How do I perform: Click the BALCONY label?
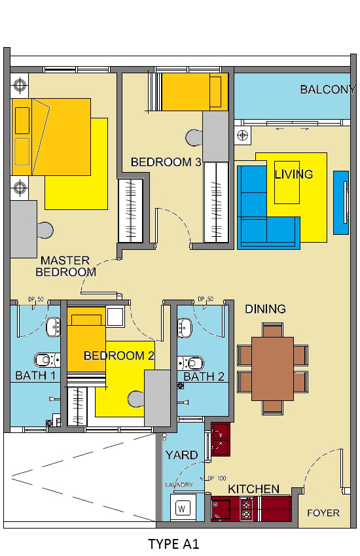pyautogui.click(x=328, y=90)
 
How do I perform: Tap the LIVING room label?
pyautogui.click(x=294, y=174)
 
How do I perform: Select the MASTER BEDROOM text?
pyautogui.click(x=65, y=266)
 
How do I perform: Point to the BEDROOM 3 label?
pyautogui.click(x=166, y=162)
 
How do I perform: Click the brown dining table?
pyautogui.click(x=272, y=369)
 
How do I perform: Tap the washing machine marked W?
pyautogui.click(x=183, y=508)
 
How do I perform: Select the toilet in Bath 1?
pyautogui.click(x=47, y=360)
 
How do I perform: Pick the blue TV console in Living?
pyautogui.click(x=341, y=203)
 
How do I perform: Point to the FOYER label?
pyautogui.click(x=323, y=513)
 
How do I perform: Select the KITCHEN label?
pyautogui.click(x=253, y=489)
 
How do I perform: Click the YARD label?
pyautogui.click(x=181, y=455)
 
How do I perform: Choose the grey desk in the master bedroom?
pyautogui.click(x=24, y=230)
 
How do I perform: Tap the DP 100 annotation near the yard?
pyautogui.click(x=217, y=478)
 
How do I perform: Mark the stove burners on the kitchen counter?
pyautogui.click(x=247, y=509)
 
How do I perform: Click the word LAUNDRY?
pyautogui.click(x=179, y=485)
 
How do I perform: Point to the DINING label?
pyautogui.click(x=265, y=309)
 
